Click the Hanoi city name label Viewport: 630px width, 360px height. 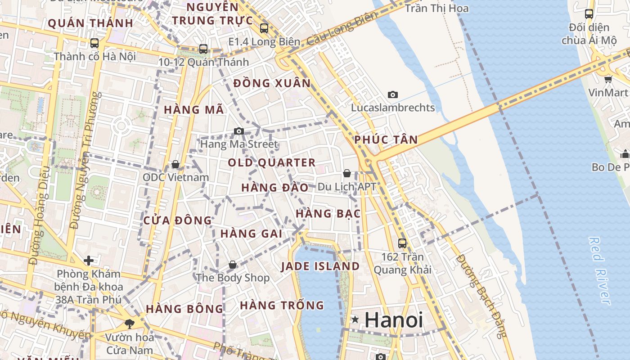tap(394, 320)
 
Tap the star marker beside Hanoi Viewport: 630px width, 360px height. tap(355, 320)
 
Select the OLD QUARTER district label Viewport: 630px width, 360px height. tap(272, 162)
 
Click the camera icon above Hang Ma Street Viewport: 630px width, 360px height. tap(239, 131)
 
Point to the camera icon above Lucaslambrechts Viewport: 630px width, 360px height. tap(393, 95)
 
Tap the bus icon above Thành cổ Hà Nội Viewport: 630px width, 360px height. tap(94, 43)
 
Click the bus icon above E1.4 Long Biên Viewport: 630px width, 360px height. tap(264, 28)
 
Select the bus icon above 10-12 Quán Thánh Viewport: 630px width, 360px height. tap(203, 49)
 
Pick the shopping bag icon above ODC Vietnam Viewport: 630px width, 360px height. tap(175, 164)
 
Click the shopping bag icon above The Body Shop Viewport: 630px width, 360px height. tap(233, 265)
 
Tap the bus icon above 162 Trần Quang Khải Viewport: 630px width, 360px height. tap(402, 243)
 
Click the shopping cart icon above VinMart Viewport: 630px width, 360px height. tap(608, 80)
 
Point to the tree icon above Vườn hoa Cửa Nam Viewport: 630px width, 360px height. tap(129, 324)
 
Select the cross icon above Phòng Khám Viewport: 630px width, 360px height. tap(89, 261)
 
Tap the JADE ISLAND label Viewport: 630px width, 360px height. tap(320, 266)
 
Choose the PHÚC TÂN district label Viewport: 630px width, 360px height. tap(386, 139)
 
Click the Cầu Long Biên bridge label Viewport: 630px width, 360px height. tap(343, 29)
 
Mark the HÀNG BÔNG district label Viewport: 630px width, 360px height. tap(184, 309)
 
